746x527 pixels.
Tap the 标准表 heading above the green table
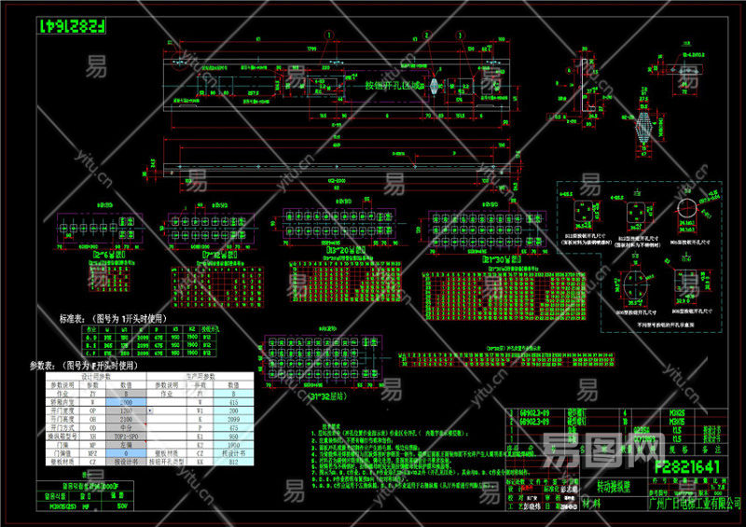click(79, 318)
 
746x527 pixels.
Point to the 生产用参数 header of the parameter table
click(196, 375)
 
